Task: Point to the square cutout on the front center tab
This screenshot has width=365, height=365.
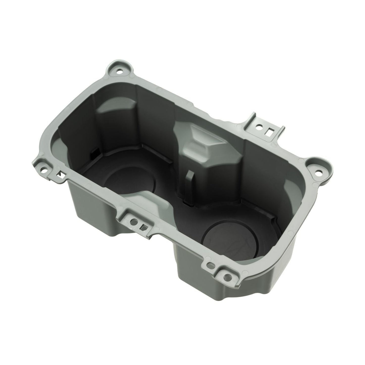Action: point(143,227)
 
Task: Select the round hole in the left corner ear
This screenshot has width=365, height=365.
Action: point(46,169)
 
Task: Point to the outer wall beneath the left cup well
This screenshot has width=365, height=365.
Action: point(93,217)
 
